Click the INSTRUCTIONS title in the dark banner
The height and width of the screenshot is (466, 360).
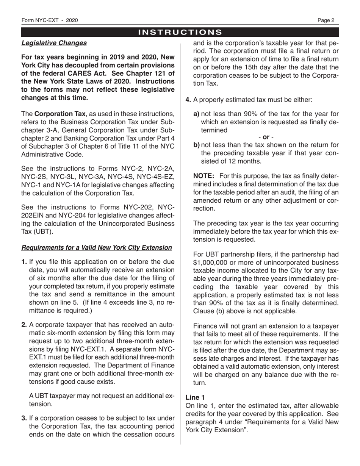coord(180,32)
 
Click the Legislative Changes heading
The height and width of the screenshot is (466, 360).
coord(54,43)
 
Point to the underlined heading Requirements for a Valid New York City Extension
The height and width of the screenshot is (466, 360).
coord(97,247)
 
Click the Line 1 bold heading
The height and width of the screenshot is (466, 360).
coord(195,397)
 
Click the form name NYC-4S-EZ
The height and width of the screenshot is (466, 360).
coord(157,177)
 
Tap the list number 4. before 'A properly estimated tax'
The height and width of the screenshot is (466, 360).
coord(188,100)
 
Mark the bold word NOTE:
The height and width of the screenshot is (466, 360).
coord(204,176)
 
